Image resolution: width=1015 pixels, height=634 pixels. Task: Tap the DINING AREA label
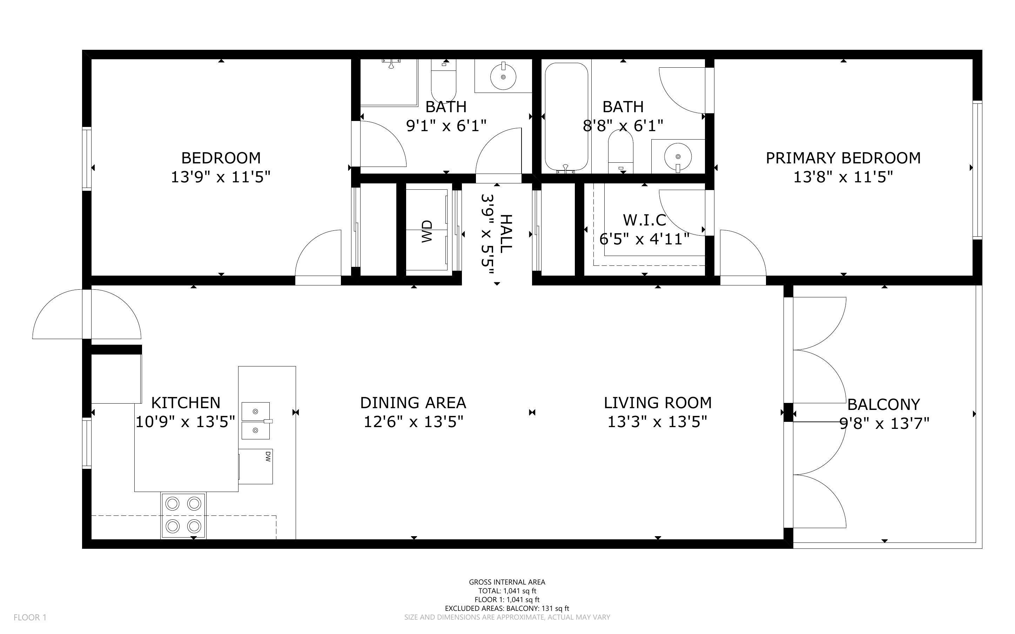tap(413, 403)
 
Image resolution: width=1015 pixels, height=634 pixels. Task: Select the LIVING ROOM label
tap(657, 403)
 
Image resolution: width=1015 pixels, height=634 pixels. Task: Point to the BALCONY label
tap(884, 405)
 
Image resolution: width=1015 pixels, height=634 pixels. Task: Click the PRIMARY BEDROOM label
tap(843, 158)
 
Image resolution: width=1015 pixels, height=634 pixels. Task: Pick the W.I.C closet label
tap(644, 220)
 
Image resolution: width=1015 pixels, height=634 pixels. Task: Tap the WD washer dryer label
tap(426, 231)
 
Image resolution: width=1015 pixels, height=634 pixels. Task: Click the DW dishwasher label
tap(268, 456)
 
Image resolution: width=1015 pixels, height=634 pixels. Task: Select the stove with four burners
tap(183, 515)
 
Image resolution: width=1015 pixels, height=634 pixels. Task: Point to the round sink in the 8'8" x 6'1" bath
tap(678, 157)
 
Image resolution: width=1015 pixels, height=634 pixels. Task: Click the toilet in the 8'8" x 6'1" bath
tap(620, 151)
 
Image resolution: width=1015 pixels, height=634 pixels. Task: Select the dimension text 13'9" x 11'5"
tap(221, 177)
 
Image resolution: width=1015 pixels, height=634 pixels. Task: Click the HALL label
tap(506, 233)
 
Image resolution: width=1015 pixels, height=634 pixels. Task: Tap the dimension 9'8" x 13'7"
tap(885, 424)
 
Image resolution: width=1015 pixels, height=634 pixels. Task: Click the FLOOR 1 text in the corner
tap(30, 617)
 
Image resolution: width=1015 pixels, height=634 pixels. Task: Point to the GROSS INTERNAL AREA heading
tap(507, 582)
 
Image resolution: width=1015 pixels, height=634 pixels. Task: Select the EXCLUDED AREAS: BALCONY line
tap(507, 608)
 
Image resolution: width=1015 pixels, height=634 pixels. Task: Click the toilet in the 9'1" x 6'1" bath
tap(444, 80)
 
